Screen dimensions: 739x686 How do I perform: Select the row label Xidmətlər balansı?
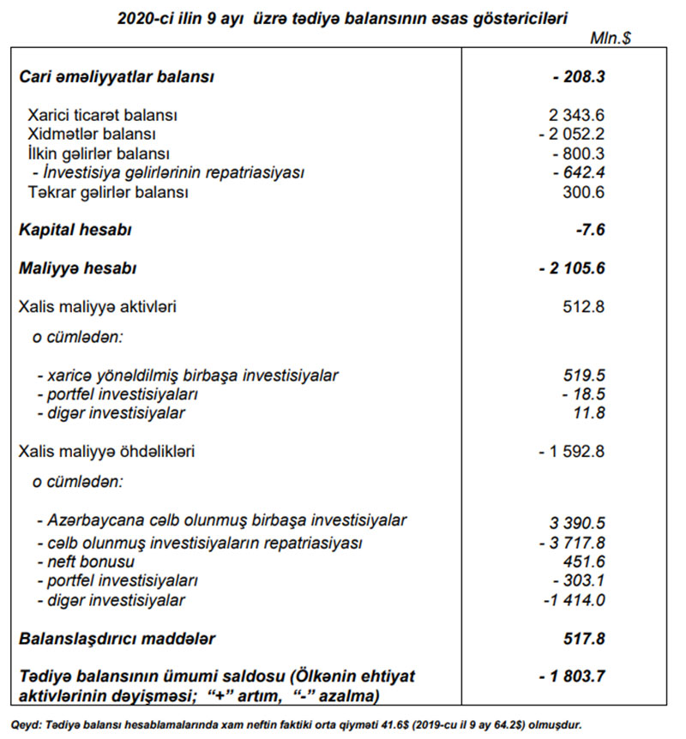pos(92,135)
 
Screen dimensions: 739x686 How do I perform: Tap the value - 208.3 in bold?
pos(580,76)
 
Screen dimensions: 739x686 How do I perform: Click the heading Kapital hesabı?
pos(75,230)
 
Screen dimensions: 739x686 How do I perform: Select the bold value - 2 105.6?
pos(574,268)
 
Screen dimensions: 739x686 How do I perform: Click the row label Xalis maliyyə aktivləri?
pos(103,306)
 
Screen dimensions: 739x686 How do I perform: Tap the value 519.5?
pos(587,376)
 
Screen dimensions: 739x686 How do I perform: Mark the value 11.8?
pos(589,413)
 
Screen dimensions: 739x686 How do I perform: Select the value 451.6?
pos(587,562)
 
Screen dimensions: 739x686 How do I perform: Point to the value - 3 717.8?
pos(572,544)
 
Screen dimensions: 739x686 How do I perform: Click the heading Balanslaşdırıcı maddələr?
pos(118,639)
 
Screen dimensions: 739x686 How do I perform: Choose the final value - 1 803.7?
pos(573,676)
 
